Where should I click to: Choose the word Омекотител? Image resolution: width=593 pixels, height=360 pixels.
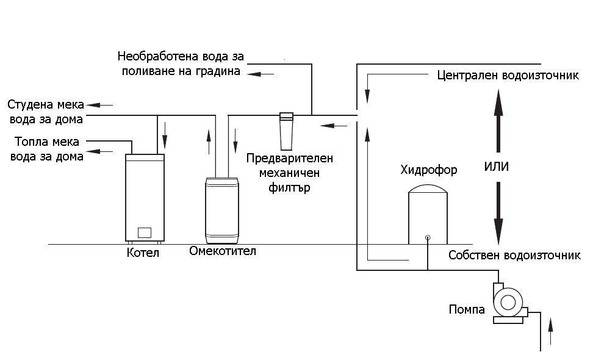pos(222,251)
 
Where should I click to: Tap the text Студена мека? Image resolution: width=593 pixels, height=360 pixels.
pos(46,103)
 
